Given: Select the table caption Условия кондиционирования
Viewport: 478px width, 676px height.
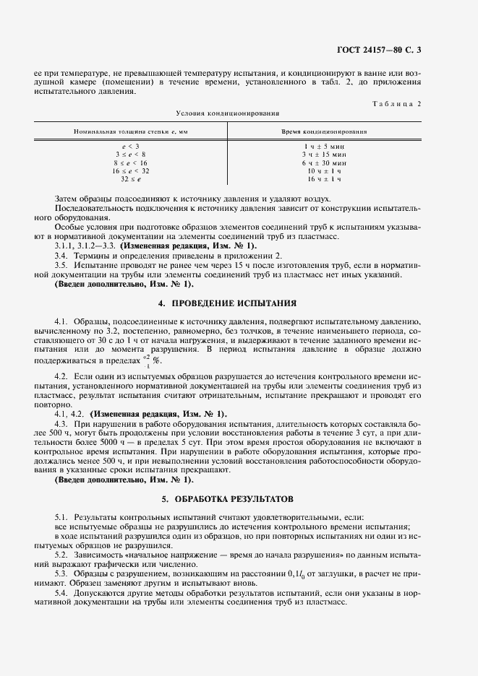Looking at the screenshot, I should [x=228, y=113].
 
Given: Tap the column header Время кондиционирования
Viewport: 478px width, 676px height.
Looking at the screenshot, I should [x=323, y=132].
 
